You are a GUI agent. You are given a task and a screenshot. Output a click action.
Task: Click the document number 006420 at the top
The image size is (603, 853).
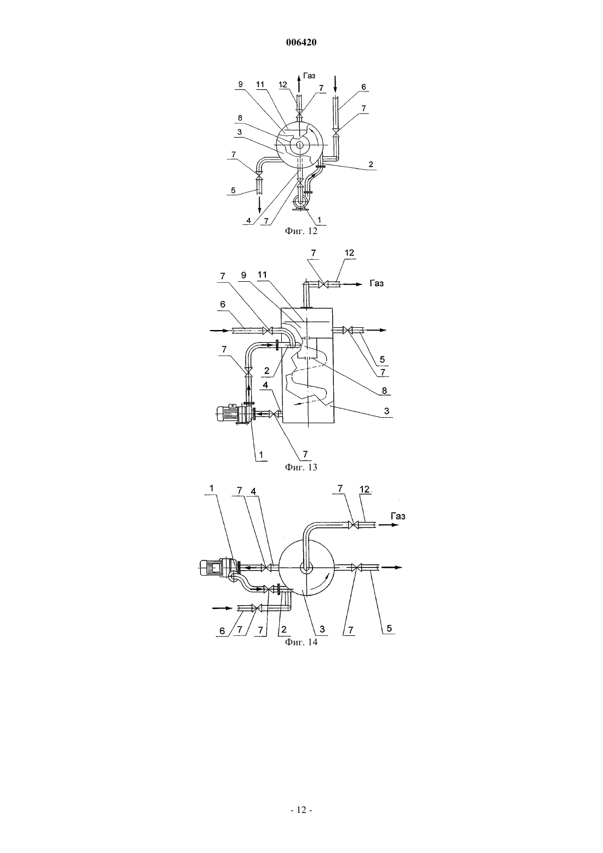point(301,43)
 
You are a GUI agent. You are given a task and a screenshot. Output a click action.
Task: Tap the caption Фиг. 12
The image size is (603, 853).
point(301,231)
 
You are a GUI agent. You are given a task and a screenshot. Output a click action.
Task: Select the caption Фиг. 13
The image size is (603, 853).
point(301,467)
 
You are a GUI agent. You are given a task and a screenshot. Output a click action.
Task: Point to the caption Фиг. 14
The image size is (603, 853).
point(301,642)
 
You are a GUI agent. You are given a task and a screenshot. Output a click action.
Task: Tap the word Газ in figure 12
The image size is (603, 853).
point(309,76)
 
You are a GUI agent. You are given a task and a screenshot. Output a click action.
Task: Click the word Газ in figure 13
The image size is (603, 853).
point(377,283)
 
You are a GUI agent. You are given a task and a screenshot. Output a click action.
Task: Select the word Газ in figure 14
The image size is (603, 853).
point(398,516)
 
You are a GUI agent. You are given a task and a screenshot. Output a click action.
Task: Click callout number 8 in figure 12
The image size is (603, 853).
point(240,118)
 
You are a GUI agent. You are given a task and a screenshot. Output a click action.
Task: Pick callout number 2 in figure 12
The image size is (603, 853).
point(371,164)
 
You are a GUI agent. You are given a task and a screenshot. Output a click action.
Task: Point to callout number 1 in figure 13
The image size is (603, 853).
point(261,454)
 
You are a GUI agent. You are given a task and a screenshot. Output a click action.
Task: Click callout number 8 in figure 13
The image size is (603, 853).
point(384,390)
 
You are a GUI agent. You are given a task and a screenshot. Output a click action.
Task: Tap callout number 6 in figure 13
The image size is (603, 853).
point(223,304)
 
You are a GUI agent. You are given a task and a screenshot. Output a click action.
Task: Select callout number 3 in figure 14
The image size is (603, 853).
point(322,629)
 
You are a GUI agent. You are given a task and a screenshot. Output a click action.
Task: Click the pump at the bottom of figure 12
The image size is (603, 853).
point(303,201)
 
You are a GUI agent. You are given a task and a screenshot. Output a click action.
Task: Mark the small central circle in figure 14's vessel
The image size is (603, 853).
point(306,568)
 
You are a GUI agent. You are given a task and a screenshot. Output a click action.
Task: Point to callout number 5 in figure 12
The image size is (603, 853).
point(233,190)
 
